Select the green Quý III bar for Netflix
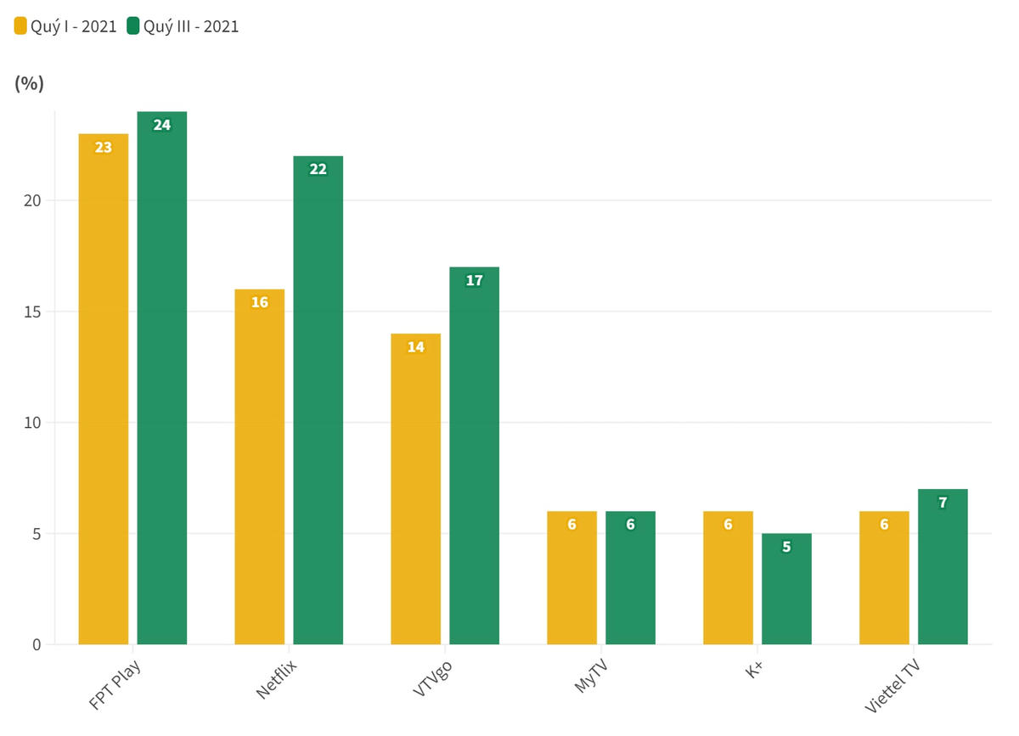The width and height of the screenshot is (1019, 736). [318, 400]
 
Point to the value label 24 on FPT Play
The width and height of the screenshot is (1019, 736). [161, 126]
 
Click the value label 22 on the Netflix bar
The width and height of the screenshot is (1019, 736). [318, 170]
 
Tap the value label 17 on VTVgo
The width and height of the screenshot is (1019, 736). [474, 281]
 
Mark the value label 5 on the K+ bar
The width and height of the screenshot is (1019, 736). [786, 548]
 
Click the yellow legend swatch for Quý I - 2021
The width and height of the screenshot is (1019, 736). [20, 26]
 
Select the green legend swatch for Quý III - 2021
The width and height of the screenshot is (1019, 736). [132, 26]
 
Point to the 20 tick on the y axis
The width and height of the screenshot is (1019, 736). [31, 201]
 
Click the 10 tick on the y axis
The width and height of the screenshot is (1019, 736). [31, 423]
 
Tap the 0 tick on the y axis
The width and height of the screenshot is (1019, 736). [36, 645]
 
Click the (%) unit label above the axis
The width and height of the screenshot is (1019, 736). [30, 83]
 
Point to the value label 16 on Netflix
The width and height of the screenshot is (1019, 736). [260, 303]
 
